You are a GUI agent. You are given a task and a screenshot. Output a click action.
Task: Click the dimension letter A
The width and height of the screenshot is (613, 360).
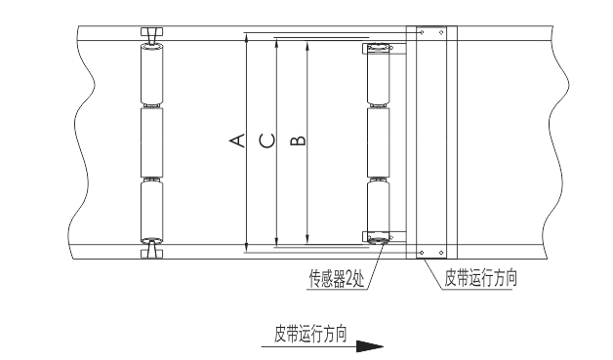(x=237, y=140)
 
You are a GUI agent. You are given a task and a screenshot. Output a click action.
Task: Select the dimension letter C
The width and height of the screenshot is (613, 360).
(x=267, y=140)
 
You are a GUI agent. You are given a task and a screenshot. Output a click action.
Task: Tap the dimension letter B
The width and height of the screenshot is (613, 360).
(x=299, y=140)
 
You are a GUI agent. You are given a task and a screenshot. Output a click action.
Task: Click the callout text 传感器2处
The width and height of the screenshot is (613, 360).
(x=337, y=279)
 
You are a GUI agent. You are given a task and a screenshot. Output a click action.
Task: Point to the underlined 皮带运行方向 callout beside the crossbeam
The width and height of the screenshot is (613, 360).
(x=480, y=278)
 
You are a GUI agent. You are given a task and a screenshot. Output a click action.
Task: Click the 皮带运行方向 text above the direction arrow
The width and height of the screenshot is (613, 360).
(x=310, y=334)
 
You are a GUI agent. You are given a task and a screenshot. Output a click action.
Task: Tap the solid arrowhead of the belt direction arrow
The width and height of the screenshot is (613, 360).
(x=370, y=346)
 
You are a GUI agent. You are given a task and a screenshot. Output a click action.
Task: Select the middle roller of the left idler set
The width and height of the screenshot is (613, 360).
(x=151, y=142)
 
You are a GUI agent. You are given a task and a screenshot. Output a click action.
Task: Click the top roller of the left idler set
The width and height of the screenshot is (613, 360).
(x=151, y=74)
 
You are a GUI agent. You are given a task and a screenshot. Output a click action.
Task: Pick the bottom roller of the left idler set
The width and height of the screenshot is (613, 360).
(x=151, y=212)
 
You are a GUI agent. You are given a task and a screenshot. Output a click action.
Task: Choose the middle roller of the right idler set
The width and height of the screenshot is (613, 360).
(x=379, y=142)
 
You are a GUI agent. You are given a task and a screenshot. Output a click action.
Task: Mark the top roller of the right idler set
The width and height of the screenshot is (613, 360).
(x=379, y=74)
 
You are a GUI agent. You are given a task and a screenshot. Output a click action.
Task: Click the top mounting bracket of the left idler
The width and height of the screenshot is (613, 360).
(x=151, y=34)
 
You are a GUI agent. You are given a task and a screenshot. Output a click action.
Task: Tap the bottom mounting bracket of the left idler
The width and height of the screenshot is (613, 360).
(x=151, y=251)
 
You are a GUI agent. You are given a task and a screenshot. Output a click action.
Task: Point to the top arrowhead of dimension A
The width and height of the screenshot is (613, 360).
(x=246, y=38)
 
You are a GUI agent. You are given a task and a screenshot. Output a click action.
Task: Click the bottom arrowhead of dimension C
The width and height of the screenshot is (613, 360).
(x=276, y=241)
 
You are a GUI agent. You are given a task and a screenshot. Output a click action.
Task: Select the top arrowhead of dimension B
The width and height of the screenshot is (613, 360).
(x=307, y=45)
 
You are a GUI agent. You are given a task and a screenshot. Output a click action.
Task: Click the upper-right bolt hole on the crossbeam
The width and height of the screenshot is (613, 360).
(x=441, y=32)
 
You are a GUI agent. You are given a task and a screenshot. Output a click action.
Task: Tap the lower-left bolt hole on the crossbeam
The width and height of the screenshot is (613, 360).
(x=422, y=253)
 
